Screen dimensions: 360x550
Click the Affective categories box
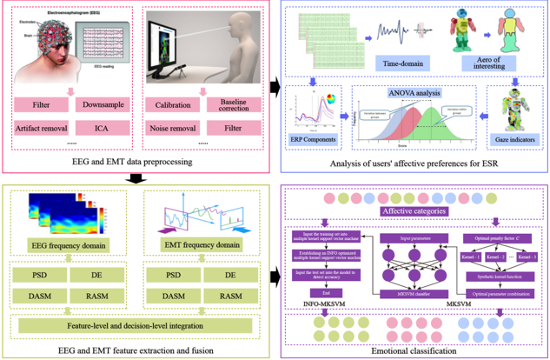pyautogui.click(x=415, y=210)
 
